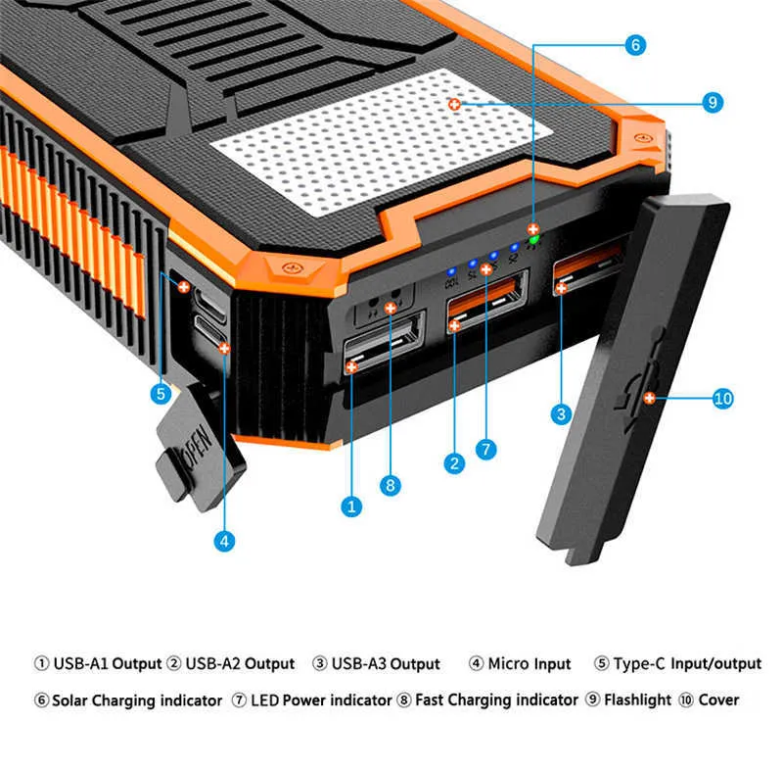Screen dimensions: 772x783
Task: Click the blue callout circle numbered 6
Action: tap(636, 45)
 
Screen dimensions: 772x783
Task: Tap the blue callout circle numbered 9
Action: tap(713, 102)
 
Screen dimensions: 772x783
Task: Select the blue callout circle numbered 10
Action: tap(722, 398)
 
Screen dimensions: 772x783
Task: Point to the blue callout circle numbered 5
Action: tap(161, 394)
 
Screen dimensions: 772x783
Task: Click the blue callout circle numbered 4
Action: tap(225, 539)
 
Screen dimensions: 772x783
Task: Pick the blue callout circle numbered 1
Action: tap(350, 507)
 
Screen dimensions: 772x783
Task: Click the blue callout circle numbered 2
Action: tap(452, 464)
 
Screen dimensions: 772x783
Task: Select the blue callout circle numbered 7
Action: tap(486, 450)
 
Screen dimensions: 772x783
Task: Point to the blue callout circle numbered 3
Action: tap(561, 414)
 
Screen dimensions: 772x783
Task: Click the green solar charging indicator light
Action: tap(533, 236)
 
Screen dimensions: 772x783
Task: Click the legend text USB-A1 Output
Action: tap(107, 664)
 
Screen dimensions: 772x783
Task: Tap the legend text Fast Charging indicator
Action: tap(496, 700)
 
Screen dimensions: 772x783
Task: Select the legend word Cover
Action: tap(718, 700)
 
